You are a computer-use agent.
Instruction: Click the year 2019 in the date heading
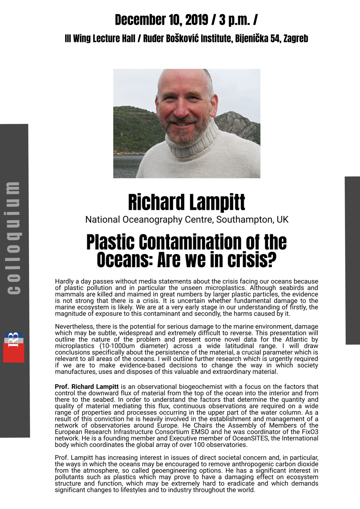pos(196,20)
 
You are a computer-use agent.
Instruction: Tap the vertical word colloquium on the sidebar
pos(13,237)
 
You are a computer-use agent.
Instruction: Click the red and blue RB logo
pos(14,347)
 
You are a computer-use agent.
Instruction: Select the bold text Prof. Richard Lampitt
pos(86,387)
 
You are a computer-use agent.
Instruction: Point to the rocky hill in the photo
pos(237,123)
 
